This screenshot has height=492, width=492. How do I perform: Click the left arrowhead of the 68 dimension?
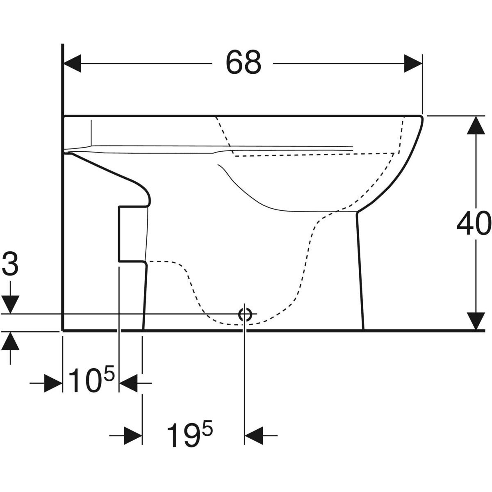click(72, 63)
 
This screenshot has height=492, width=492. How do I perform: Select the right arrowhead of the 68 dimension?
click(412, 63)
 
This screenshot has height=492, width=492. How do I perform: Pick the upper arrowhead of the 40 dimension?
click(476, 125)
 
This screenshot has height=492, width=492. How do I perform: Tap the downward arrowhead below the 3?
click(10, 304)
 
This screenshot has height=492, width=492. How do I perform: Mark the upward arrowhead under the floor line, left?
click(10, 341)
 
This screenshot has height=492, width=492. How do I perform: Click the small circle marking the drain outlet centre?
click(245, 315)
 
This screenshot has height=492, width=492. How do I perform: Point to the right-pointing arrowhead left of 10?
click(53, 383)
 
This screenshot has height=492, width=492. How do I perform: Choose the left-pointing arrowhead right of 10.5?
click(128, 383)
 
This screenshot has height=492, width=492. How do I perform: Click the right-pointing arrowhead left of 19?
click(133, 435)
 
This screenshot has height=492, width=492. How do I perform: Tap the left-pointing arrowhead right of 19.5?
click(254, 435)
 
